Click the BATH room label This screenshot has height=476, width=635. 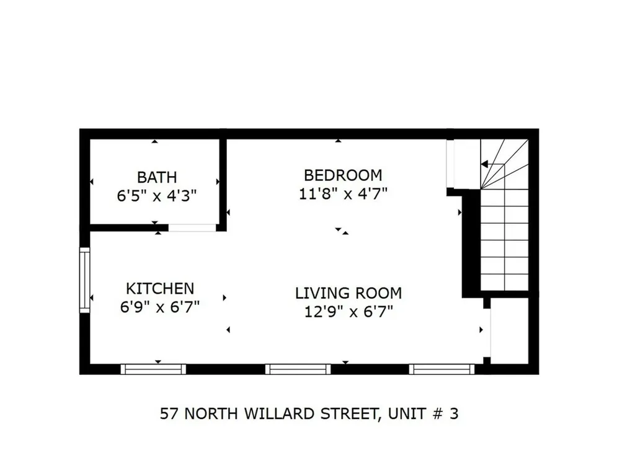click(157, 178)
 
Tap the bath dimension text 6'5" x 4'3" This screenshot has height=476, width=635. click(157, 196)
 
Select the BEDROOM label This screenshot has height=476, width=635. click(343, 175)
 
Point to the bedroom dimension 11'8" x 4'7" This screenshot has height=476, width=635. click(343, 194)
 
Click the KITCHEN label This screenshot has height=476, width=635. click(160, 288)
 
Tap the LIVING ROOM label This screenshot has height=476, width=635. click(349, 293)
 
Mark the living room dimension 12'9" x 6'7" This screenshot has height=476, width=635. click(349, 312)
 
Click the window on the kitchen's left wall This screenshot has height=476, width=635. click(85, 280)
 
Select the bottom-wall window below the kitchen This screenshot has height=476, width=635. click(153, 369)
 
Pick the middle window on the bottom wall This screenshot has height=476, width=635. click(298, 369)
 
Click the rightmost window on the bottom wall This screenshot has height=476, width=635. click(442, 369)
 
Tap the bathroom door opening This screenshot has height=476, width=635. click(192, 227)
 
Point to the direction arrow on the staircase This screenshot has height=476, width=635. click(485, 164)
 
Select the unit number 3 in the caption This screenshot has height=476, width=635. click(454, 414)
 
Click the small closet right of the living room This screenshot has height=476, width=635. click(510, 330)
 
